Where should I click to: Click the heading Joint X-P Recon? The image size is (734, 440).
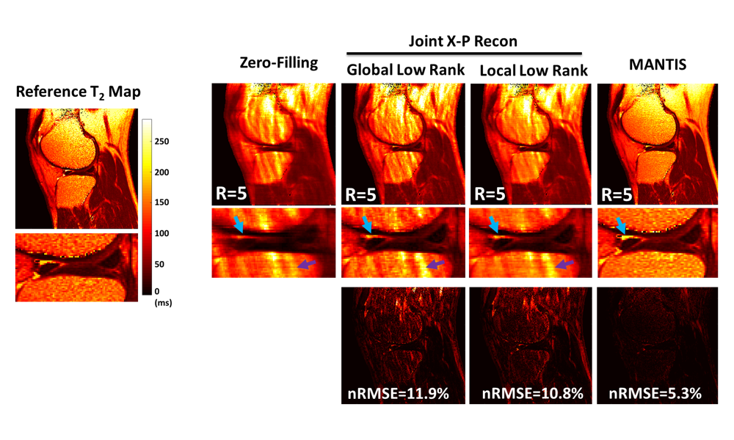[x=463, y=42]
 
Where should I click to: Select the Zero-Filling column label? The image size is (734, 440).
[x=278, y=63]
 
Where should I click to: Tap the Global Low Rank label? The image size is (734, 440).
[x=404, y=70]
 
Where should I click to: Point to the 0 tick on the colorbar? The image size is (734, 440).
[x=157, y=291]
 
